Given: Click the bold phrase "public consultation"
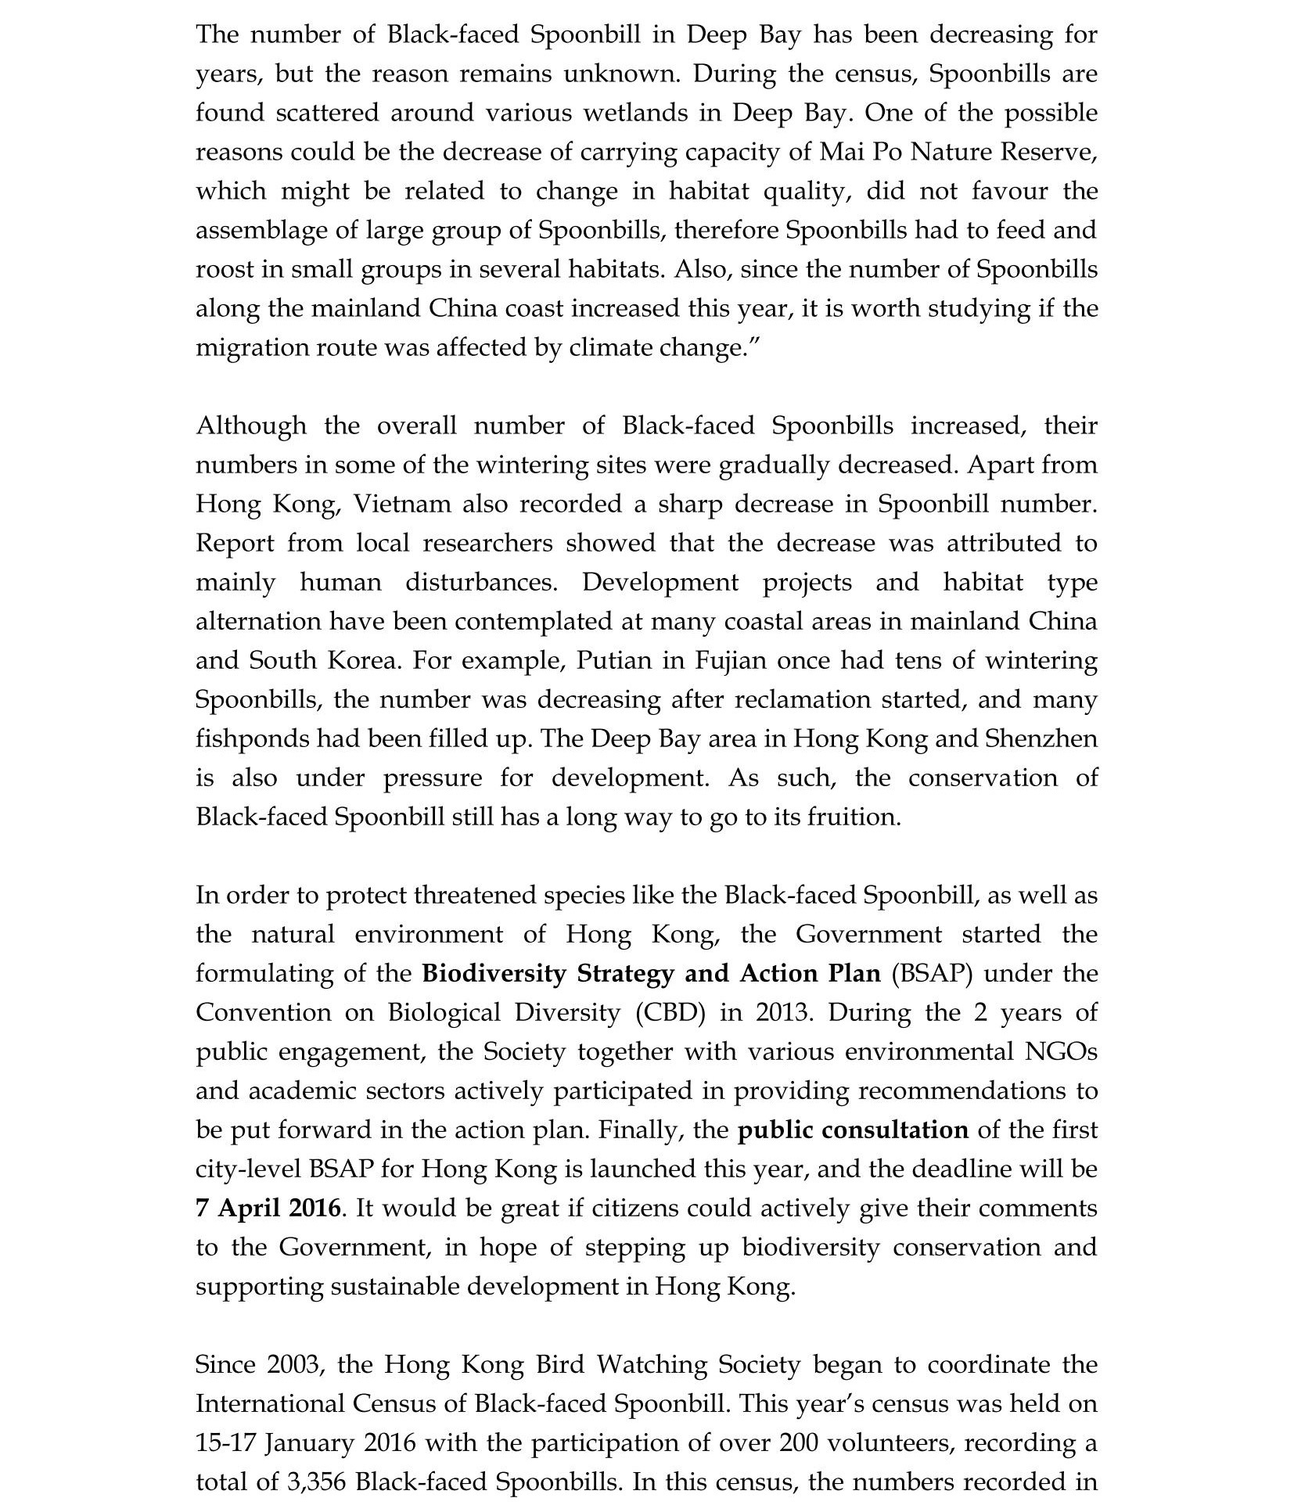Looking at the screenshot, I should [x=853, y=1130].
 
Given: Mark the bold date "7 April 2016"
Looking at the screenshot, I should [x=268, y=1208].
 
